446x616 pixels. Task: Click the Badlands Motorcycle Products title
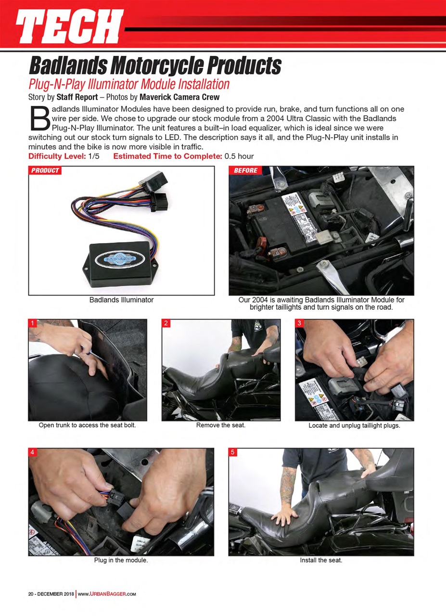point(155,65)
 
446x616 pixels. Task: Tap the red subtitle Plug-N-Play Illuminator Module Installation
point(129,84)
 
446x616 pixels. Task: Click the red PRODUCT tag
point(45,170)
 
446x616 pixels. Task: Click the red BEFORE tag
point(245,170)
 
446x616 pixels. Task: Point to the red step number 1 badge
point(32,323)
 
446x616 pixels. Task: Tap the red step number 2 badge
point(166,323)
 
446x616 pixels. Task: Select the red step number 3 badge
point(299,323)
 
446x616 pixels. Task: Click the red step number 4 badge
point(32,452)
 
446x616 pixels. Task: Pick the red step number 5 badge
point(232,452)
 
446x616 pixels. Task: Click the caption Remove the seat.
point(221,425)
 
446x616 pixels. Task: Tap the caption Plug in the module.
point(121,560)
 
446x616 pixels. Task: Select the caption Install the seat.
point(321,560)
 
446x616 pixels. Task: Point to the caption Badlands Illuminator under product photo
point(121,300)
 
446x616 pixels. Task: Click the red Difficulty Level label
point(57,156)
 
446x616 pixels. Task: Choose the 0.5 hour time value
point(239,156)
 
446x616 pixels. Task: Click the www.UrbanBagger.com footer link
point(107,593)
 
